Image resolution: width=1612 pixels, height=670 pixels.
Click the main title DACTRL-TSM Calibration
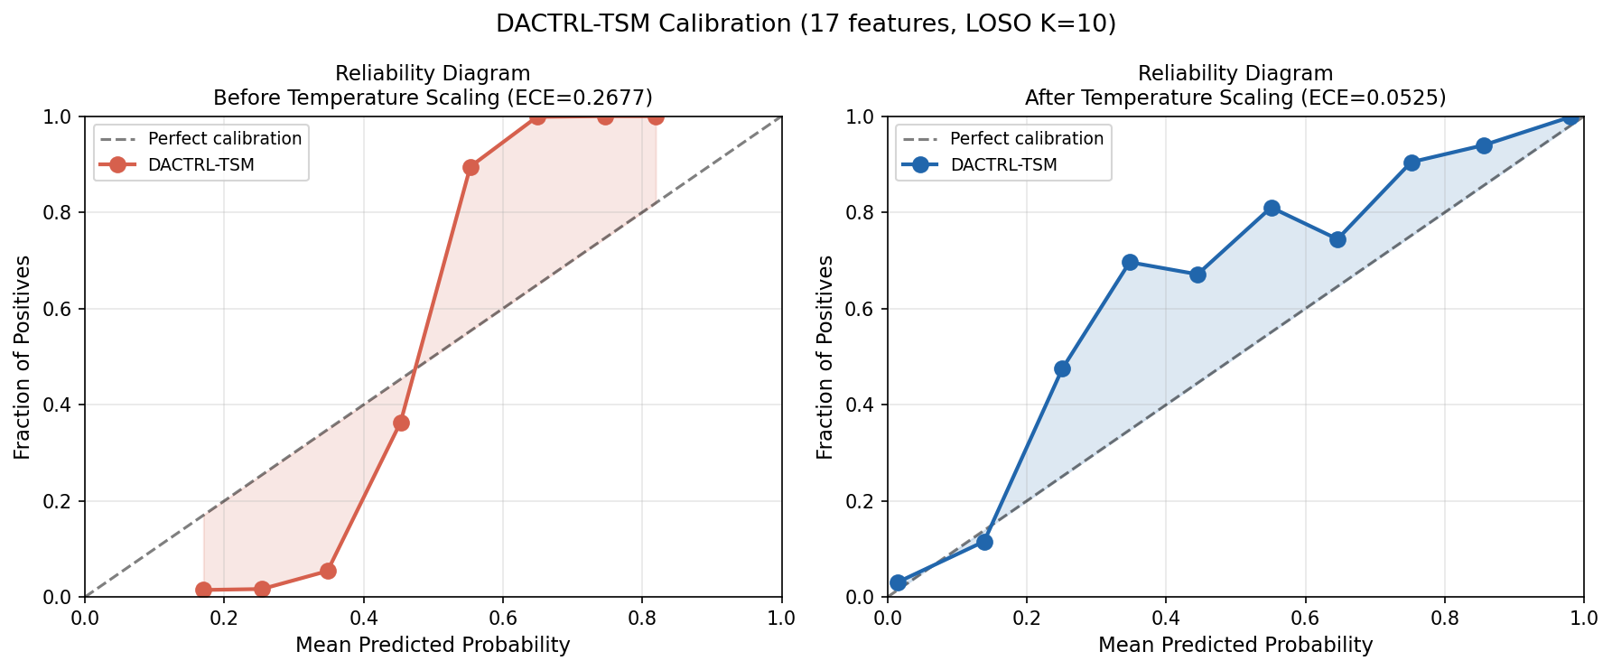(x=806, y=24)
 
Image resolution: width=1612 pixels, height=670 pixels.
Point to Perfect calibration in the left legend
(x=224, y=139)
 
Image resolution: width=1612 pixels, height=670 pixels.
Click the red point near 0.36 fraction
(x=401, y=423)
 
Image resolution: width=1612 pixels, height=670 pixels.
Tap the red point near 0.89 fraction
(x=471, y=167)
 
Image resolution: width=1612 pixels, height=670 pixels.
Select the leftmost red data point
(x=203, y=590)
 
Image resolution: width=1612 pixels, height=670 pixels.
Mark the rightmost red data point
(x=656, y=116)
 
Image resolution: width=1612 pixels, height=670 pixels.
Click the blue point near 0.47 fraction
(x=1062, y=368)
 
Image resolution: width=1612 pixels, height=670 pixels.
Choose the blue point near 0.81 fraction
(x=1272, y=208)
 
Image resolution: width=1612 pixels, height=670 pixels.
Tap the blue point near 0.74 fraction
(x=1337, y=239)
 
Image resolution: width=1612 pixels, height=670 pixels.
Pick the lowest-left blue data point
(x=898, y=582)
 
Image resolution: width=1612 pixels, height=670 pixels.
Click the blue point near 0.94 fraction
(x=1484, y=145)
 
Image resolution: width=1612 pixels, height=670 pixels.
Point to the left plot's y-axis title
(x=23, y=357)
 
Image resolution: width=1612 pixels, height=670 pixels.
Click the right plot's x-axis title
(x=1235, y=645)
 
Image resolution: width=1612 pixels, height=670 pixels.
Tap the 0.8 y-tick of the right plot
(x=862, y=213)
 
